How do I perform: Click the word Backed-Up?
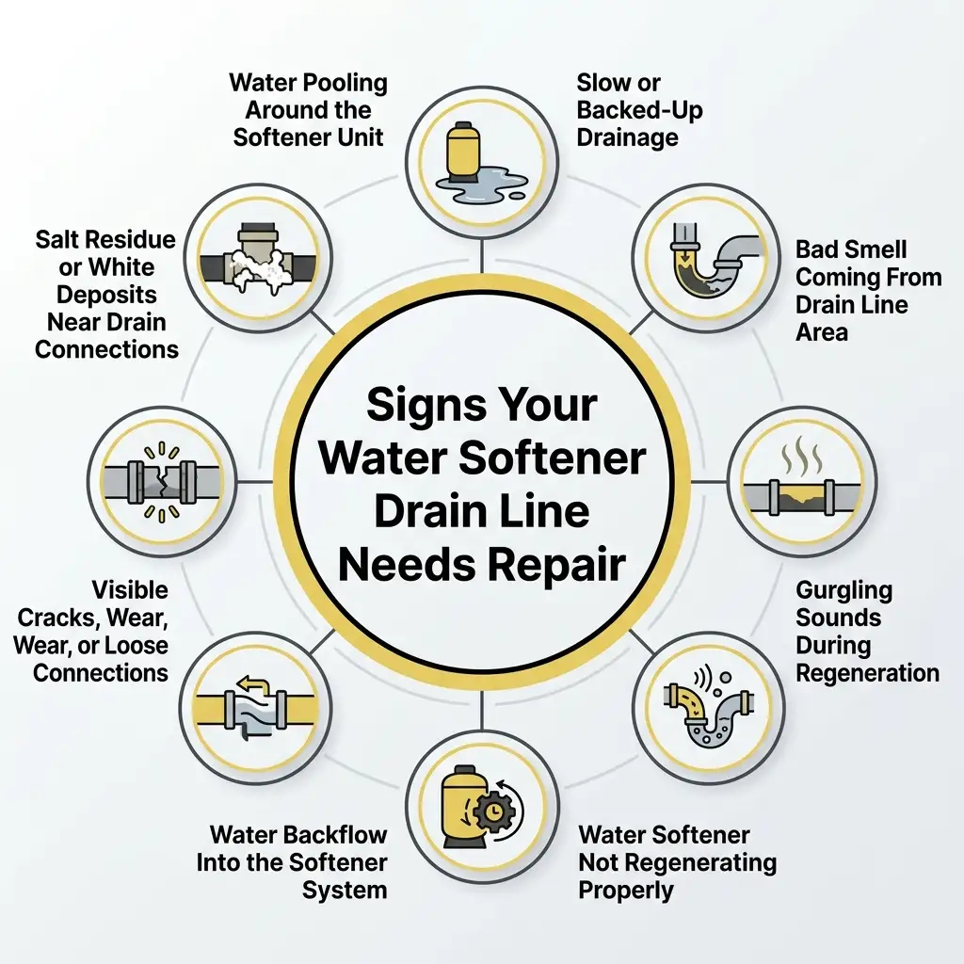(639, 110)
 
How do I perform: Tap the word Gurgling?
(843, 591)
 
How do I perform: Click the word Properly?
(626, 890)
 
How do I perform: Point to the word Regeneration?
(867, 673)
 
